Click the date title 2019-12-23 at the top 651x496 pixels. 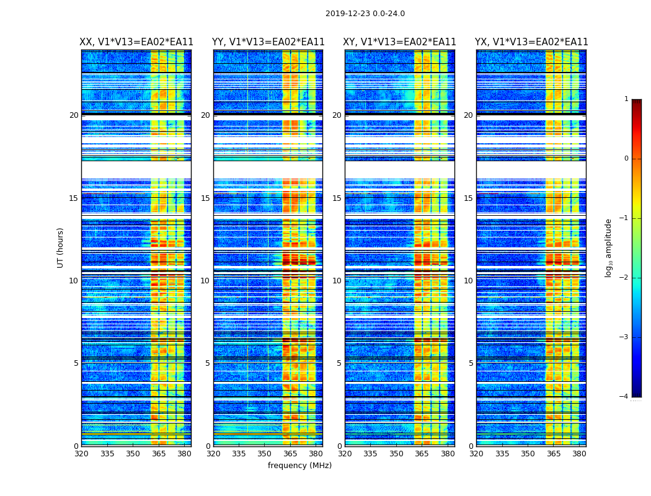[365, 14]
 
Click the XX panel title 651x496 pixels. [136, 42]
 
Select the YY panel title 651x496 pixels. [268, 42]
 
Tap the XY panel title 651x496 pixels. [400, 42]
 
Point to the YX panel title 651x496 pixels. [531, 42]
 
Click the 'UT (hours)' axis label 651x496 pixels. [61, 247]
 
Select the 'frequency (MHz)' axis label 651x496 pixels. [299, 466]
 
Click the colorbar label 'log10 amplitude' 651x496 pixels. [609, 247]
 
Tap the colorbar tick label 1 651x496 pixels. [626, 99]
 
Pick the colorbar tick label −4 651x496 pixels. [624, 397]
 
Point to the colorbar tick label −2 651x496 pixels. [624, 278]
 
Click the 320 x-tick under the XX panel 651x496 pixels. [82, 454]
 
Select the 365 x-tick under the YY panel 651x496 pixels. [290, 454]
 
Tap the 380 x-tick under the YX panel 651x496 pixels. [579, 454]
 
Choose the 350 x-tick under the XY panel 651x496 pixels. [396, 454]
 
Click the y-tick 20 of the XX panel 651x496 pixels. [74, 115]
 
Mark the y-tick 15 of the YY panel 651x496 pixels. [205, 198]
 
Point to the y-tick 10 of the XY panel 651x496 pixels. [337, 281]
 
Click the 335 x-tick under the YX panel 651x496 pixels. [502, 454]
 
